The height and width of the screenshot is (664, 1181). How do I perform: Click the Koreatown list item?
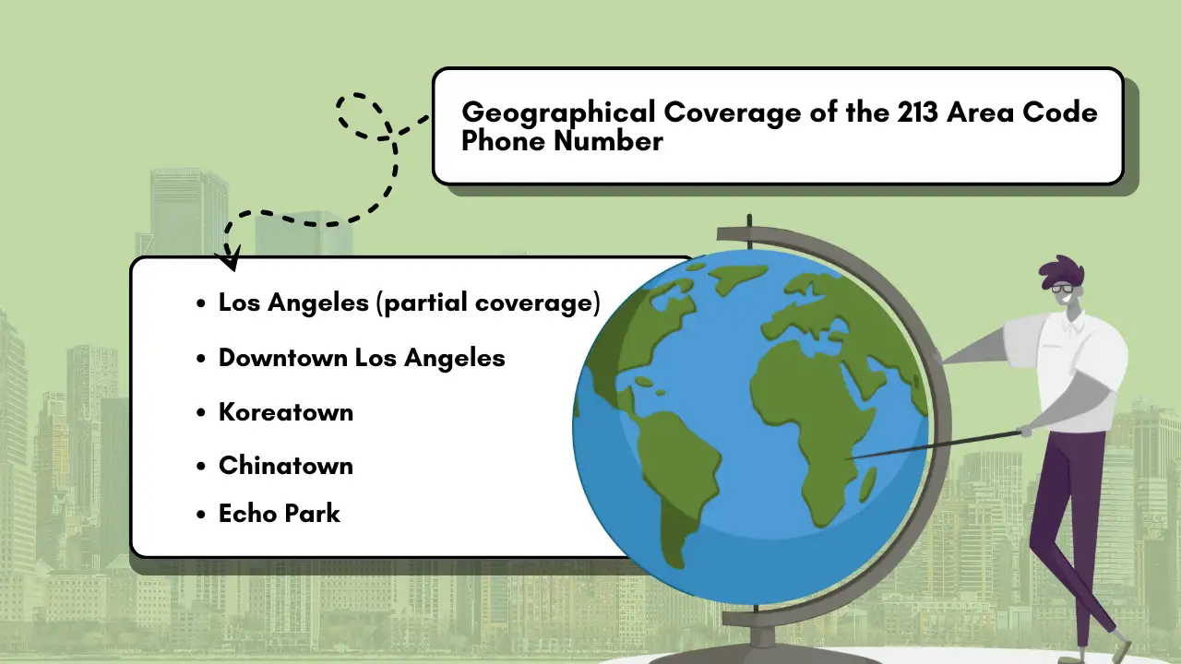(x=286, y=412)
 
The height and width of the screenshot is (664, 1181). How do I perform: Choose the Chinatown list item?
(x=286, y=466)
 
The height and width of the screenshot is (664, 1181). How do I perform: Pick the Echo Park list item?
(x=280, y=514)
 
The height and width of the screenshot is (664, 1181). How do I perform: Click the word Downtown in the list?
(x=282, y=358)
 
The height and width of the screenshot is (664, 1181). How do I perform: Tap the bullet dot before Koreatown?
(x=200, y=412)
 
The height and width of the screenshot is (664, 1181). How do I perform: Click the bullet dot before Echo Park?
(x=200, y=515)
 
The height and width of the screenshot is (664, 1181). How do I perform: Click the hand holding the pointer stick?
(x=1026, y=432)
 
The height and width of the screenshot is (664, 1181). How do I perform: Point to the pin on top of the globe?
(x=749, y=231)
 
